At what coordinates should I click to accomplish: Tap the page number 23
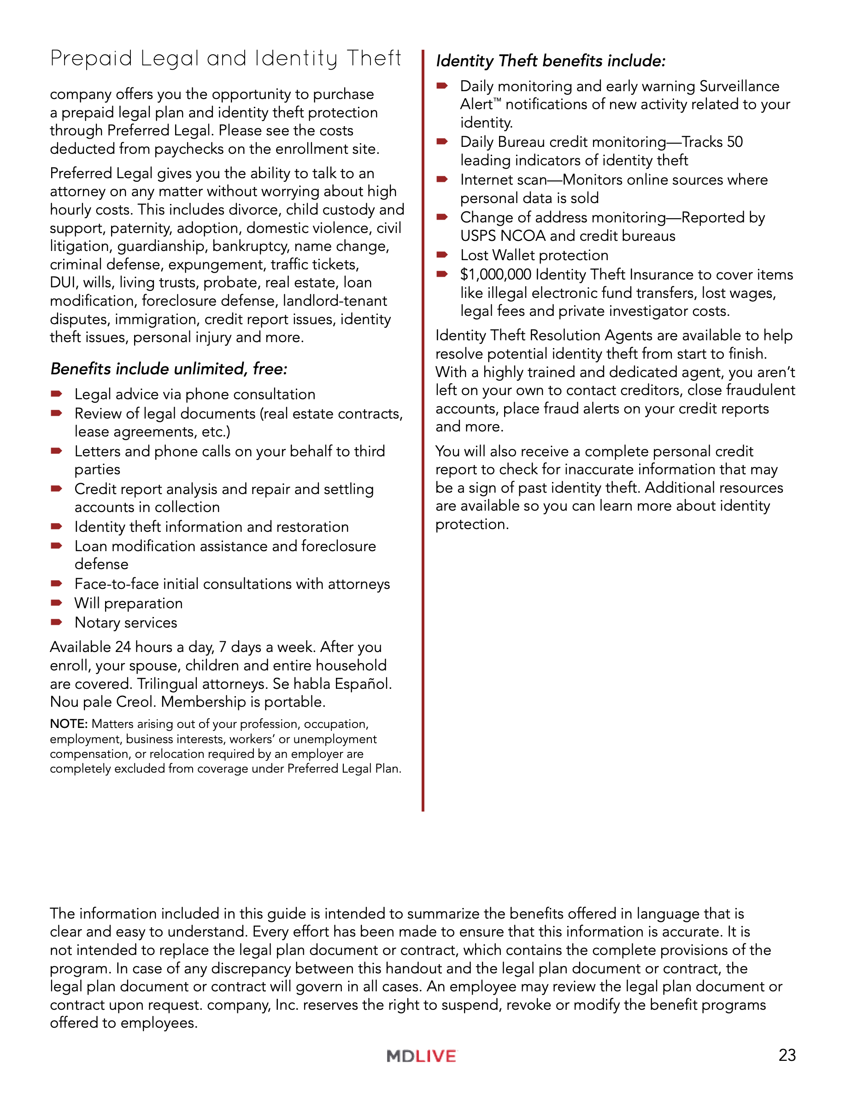coord(787,1055)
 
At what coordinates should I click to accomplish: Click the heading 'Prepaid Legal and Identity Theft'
coord(225,58)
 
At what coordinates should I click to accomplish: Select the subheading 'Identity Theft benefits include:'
coord(550,61)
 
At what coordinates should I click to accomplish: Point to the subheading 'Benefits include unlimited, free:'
coord(169,369)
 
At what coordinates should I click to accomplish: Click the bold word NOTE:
coord(69,724)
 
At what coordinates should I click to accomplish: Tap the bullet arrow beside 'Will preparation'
coord(56,603)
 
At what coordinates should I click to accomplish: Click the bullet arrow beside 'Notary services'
coord(56,622)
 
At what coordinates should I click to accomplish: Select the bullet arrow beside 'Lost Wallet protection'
coord(441,255)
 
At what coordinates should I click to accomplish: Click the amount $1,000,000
coord(495,274)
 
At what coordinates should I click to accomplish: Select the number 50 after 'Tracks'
coord(734,142)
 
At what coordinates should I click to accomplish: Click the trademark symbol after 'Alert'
coord(497,100)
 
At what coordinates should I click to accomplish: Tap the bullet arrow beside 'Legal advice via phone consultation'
coord(56,394)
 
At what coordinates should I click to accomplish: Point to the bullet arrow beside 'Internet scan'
coord(441,179)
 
